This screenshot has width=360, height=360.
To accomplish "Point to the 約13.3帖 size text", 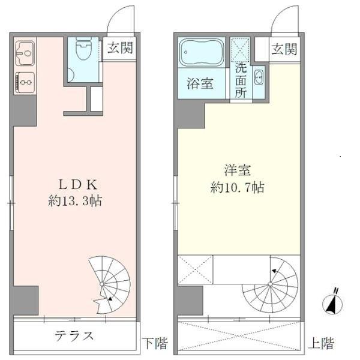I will tap(74, 202).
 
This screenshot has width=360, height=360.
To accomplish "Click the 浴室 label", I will tap(200, 83).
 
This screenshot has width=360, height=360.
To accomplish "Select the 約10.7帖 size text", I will tap(238, 187).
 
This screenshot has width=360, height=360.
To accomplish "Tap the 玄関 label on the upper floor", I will tap(283, 49).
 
